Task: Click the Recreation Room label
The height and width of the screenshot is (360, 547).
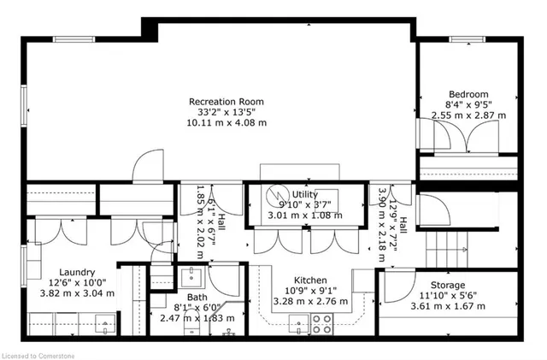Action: pos(227,101)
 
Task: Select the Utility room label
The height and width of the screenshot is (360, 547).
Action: pos(304,195)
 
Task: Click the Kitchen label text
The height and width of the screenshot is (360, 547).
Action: pos(311,280)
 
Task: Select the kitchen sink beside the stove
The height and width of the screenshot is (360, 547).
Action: pos(298,323)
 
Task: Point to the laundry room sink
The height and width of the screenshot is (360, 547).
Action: pos(106,322)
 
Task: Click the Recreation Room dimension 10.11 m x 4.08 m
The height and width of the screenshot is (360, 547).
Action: pos(227,123)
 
